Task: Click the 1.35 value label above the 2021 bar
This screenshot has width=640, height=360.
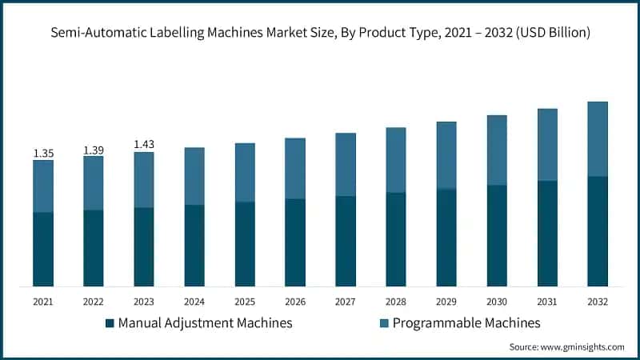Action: (x=43, y=153)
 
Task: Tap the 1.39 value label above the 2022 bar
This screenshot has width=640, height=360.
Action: (x=94, y=150)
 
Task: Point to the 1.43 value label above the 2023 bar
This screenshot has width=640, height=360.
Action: (x=144, y=145)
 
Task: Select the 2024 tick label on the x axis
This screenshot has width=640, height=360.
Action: (x=194, y=302)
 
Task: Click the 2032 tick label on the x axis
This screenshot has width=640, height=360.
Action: (x=597, y=302)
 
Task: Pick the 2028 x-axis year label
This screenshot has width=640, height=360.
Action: (x=396, y=302)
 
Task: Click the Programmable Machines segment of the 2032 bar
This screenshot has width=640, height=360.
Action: (x=597, y=139)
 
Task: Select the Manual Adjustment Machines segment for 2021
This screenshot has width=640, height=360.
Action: (x=43, y=249)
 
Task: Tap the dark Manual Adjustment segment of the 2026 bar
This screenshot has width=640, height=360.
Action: (x=295, y=242)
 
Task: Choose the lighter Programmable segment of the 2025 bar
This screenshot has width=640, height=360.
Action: (x=245, y=173)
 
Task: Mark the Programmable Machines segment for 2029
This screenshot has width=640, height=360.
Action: (x=446, y=155)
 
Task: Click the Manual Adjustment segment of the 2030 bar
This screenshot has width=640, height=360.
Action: (x=497, y=235)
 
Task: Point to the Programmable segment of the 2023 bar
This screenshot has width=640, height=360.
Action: (x=144, y=180)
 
